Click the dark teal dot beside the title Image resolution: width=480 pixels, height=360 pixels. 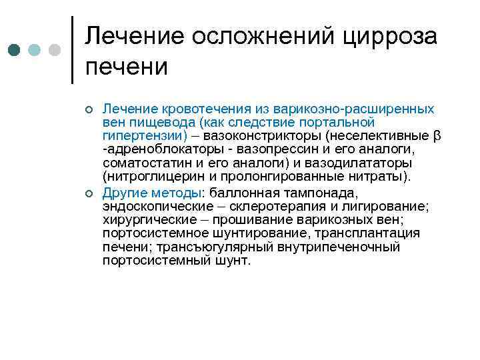tap(15, 50)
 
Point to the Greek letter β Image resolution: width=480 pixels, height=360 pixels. tap(437, 137)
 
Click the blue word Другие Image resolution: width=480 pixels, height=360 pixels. tap(125, 193)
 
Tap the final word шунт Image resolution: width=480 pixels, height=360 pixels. tap(235, 261)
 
